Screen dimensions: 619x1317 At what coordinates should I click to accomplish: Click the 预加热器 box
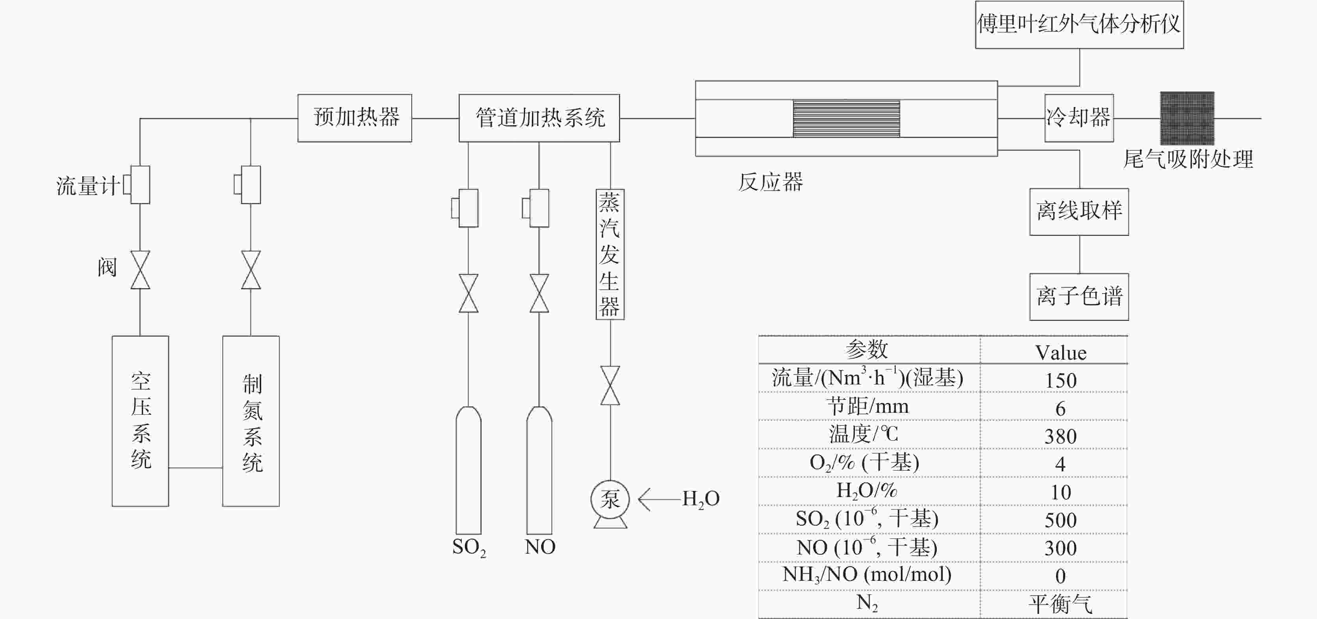355,118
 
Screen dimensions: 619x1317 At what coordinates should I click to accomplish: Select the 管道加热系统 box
539,118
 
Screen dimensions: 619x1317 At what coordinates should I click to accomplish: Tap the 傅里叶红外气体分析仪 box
1079,24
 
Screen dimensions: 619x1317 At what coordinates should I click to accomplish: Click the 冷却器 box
1079,118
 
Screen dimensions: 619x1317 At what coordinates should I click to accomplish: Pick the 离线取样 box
1079,212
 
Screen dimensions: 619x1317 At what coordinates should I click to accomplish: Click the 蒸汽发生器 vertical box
610,254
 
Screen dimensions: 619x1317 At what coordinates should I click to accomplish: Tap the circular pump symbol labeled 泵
610,499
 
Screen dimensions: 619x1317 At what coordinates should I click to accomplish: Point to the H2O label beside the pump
701,499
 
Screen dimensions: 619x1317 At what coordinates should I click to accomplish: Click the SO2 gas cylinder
468,470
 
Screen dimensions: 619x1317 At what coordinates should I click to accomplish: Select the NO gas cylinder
539,470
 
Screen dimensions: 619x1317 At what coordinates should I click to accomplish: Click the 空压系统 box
140,421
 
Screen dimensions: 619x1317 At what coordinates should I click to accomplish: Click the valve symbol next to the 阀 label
140,270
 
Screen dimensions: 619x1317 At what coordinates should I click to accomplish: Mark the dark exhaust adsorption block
1187,118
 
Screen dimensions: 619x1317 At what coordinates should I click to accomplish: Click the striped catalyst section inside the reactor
846,118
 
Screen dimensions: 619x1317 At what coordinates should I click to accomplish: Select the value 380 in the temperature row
1060,436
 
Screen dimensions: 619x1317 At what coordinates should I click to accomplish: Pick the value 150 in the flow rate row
1060,380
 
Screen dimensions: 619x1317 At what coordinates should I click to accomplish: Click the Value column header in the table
1060,353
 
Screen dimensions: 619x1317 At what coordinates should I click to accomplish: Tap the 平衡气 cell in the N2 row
1060,604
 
